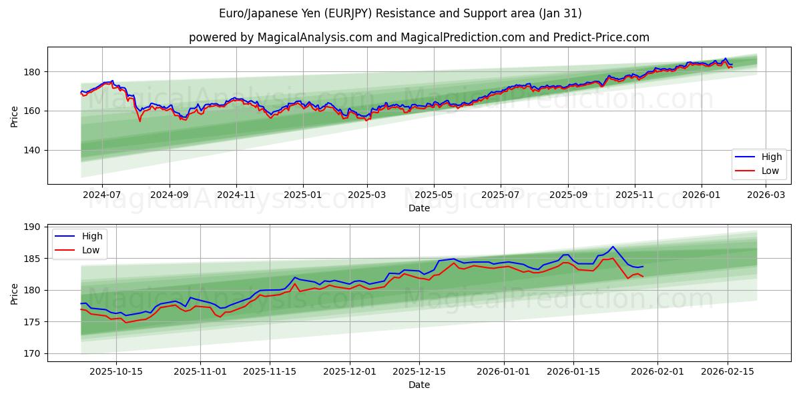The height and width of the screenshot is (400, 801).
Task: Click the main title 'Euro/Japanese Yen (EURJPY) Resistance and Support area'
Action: [400, 13]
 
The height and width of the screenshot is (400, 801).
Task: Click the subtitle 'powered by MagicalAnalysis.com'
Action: [280, 37]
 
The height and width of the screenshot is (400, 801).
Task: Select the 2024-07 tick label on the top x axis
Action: [102, 195]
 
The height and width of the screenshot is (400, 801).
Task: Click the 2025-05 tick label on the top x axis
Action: [434, 195]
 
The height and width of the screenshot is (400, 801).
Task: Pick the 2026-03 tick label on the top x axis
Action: [765, 195]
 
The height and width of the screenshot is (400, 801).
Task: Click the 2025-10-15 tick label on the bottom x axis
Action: [116, 372]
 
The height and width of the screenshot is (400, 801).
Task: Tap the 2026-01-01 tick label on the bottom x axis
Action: [504, 372]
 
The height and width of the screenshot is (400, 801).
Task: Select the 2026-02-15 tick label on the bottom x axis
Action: [728, 372]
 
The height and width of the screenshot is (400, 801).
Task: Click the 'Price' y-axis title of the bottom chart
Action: [15, 293]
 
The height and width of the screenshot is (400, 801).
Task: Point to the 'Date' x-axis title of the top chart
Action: [419, 208]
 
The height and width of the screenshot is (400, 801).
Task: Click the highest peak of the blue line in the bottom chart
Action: [612, 247]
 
